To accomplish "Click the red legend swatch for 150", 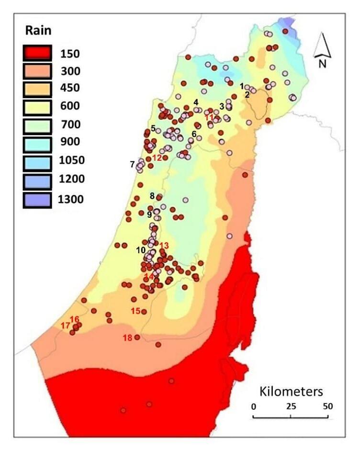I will point(36,53).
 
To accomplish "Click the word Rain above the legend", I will point(38,31).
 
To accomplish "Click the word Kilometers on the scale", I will point(291,391).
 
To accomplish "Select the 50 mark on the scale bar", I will point(327,406).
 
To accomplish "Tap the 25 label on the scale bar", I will point(291,406).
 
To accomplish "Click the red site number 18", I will point(127,338).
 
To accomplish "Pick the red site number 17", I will point(66,326).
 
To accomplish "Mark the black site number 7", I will point(132,164).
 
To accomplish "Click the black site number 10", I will point(141,250).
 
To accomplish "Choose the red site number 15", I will point(135,311).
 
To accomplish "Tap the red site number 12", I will point(157,157).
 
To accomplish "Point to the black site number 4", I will point(195,102).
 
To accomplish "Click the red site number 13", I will point(164,246).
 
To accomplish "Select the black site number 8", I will point(152,196).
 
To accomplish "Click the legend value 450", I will point(70,88).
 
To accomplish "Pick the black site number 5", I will point(153,128).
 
